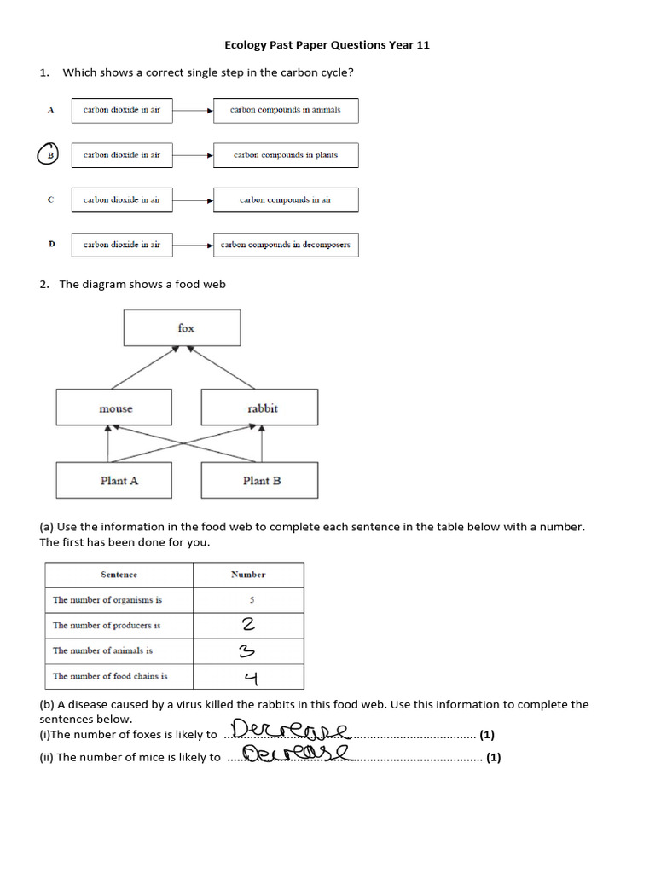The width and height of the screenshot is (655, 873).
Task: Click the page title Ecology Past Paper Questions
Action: tap(327, 44)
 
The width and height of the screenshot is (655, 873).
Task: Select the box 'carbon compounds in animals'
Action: tap(285, 110)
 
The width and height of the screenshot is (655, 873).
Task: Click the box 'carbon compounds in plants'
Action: tap(285, 155)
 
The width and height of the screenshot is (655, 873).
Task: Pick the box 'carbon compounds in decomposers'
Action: tap(285, 245)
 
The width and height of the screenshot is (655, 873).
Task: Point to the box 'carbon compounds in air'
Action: tap(285, 200)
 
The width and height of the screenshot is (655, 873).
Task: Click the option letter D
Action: tap(51, 245)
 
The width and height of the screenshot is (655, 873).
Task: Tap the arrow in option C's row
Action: tap(193, 200)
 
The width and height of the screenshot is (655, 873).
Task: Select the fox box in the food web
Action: tap(182, 328)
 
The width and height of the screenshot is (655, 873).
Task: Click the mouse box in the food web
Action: tap(113, 408)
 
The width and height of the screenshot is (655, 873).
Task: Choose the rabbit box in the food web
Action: tap(259, 408)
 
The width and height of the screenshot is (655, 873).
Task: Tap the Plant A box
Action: tap(113, 481)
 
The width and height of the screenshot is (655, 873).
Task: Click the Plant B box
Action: tap(259, 481)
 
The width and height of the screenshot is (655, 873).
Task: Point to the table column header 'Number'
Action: tap(248, 575)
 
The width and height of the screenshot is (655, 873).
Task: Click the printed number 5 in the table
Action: tap(252, 600)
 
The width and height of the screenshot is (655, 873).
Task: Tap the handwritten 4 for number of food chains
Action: tap(251, 678)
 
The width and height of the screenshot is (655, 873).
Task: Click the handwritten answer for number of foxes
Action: tap(290, 731)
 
